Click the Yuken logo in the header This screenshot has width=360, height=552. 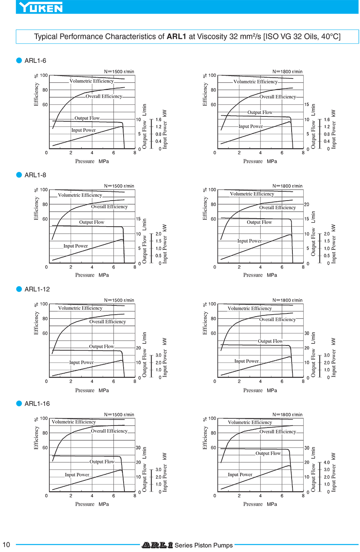(41, 7)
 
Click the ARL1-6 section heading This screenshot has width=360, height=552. (35, 61)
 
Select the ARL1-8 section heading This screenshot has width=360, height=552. (35, 175)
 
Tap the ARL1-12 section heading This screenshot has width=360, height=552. (37, 289)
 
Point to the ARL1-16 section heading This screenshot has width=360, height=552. (37, 403)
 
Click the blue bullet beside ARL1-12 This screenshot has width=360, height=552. (19, 289)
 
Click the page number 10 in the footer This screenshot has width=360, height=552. (6, 544)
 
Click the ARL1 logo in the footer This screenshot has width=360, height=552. (157, 545)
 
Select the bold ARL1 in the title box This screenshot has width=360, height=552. (176, 36)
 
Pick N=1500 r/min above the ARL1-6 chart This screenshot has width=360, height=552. (119, 72)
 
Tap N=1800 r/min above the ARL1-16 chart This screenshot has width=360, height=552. (287, 415)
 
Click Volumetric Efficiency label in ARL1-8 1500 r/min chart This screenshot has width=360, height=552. (80, 195)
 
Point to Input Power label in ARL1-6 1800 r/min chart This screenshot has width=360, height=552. (251, 126)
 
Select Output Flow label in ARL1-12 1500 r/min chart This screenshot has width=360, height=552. (102, 347)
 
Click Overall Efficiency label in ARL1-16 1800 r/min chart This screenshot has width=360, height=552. (278, 432)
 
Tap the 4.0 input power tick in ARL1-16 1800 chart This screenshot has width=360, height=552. (327, 463)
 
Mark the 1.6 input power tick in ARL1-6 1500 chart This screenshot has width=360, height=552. (158, 120)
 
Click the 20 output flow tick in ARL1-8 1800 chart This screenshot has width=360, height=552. (307, 205)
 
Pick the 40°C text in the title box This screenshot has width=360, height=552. (330, 36)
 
